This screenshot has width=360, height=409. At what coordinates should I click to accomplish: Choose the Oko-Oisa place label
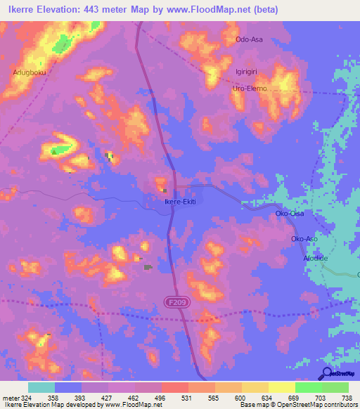290,213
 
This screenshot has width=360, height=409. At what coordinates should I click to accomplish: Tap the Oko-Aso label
306,239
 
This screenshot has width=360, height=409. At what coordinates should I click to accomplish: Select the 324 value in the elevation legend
27,397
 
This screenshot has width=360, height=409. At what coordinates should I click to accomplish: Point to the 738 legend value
347,397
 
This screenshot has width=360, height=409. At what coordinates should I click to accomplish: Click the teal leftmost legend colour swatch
41,387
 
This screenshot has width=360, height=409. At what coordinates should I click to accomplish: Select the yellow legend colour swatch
281,387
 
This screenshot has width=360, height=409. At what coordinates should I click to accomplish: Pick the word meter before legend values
9,397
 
